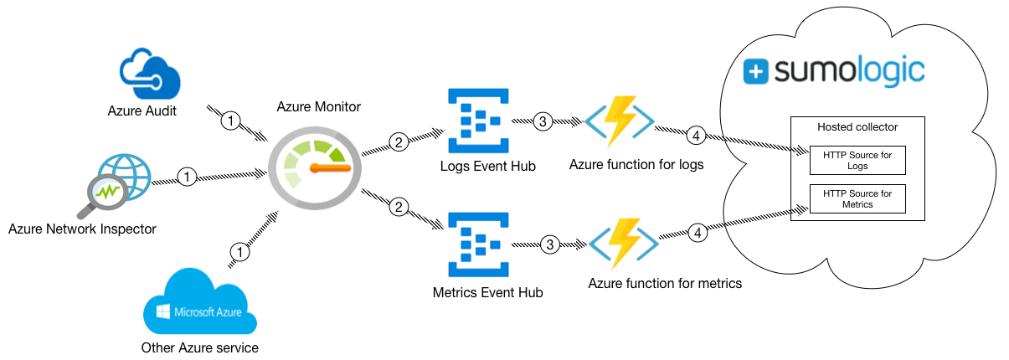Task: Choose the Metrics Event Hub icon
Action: tap(476, 244)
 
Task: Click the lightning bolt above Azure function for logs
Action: tap(621, 120)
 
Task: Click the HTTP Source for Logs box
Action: tap(857, 161)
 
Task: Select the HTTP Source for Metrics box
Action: tap(857, 198)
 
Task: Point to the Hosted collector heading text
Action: tap(857, 126)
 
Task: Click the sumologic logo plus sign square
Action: tap(756, 72)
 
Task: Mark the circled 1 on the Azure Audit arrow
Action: tap(231, 121)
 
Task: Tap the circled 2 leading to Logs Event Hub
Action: tap(399, 142)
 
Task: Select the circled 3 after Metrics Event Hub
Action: tap(549, 244)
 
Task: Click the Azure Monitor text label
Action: tap(318, 107)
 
